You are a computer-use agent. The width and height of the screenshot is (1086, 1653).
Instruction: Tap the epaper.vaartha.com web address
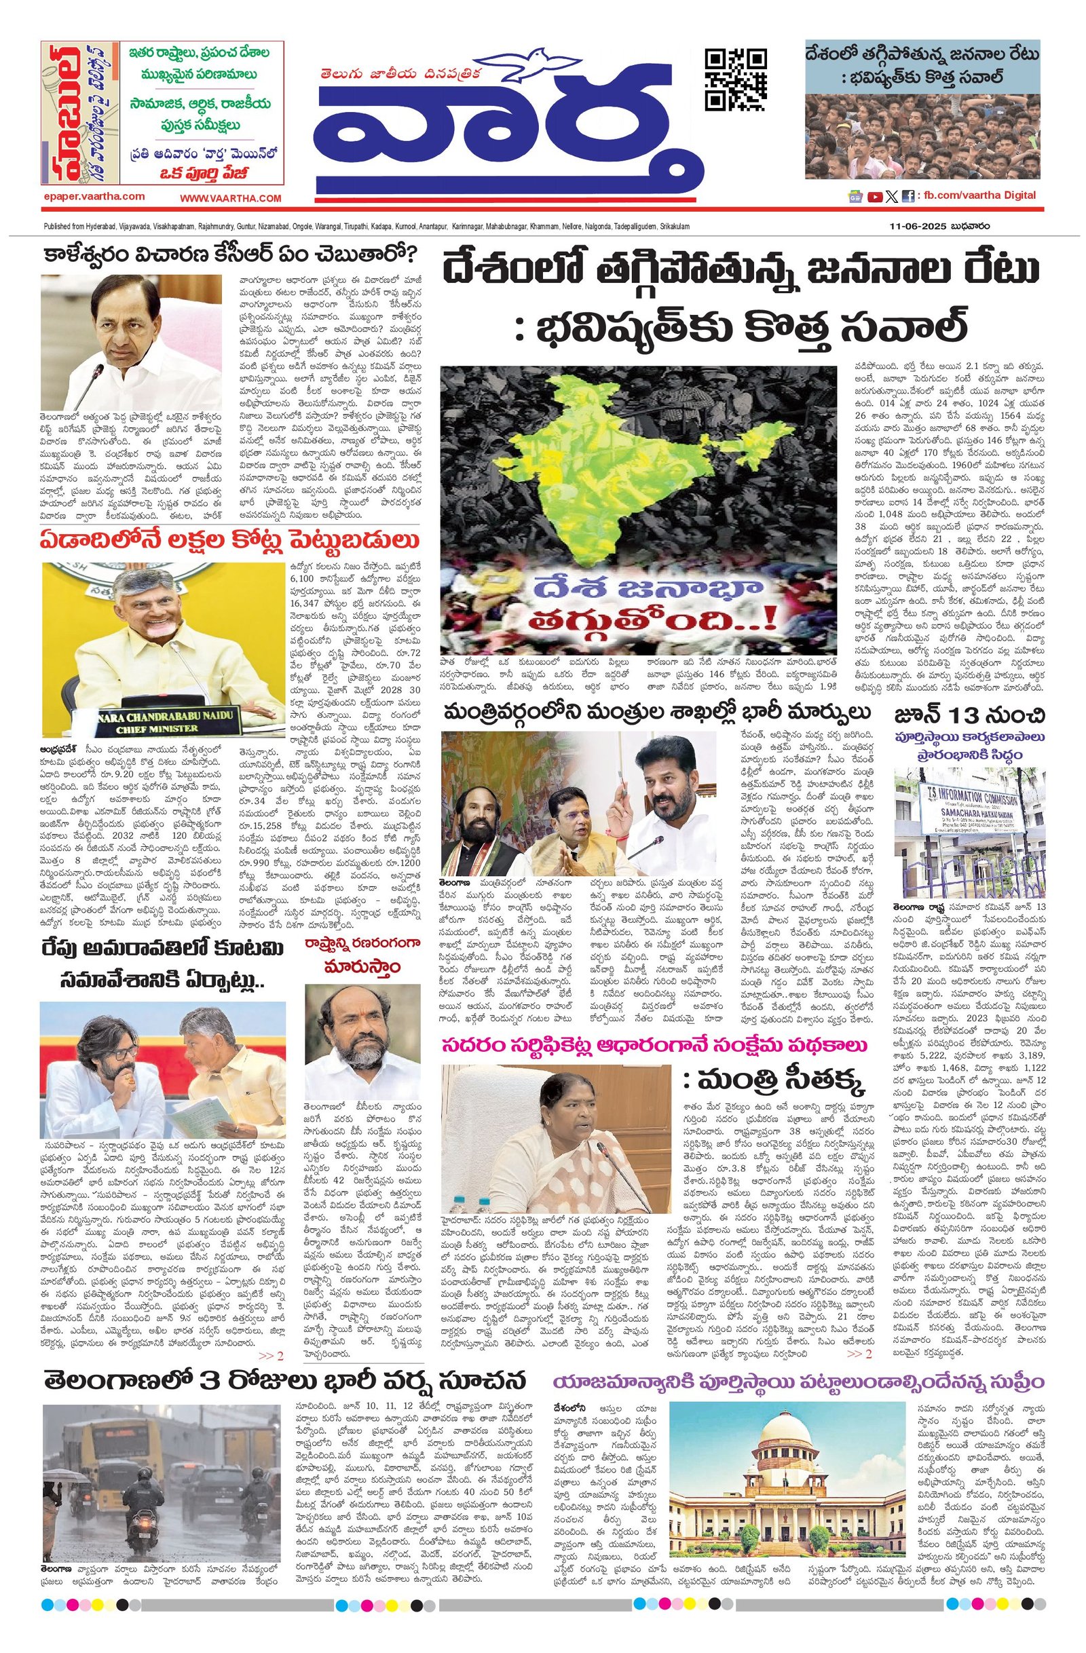coord(92,197)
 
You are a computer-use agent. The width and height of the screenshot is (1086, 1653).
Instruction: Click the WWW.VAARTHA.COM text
coord(230,198)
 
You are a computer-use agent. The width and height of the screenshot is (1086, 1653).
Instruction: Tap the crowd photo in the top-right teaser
coord(923,132)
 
